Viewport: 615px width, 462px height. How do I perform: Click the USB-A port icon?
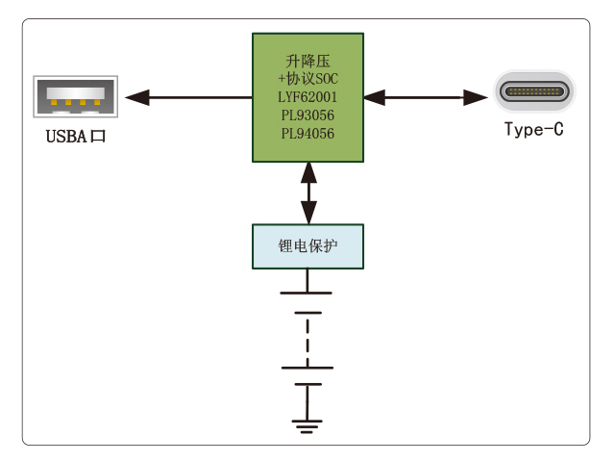[x=75, y=97]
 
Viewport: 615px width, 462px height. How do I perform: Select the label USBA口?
[x=75, y=136]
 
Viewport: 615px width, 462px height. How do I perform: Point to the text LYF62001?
[x=307, y=97]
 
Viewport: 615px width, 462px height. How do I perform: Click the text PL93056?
[x=307, y=115]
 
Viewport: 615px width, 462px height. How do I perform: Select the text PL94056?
[x=307, y=134]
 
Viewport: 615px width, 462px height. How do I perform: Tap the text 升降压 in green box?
[x=307, y=61]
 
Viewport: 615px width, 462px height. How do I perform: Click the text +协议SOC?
[x=307, y=79]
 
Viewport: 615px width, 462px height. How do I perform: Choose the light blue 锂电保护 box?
[x=307, y=246]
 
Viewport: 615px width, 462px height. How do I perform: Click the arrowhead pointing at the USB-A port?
[x=137, y=96]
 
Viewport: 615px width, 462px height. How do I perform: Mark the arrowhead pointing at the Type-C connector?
[x=478, y=96]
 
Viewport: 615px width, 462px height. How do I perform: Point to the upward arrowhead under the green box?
[x=307, y=173]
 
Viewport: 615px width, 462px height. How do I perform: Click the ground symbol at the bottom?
[x=307, y=423]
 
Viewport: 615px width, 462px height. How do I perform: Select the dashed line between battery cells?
[x=307, y=339]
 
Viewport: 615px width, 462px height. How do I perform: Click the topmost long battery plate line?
[x=307, y=292]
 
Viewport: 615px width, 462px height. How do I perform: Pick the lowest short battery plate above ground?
[x=307, y=383]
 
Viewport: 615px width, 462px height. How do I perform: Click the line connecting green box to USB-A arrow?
[x=202, y=96]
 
